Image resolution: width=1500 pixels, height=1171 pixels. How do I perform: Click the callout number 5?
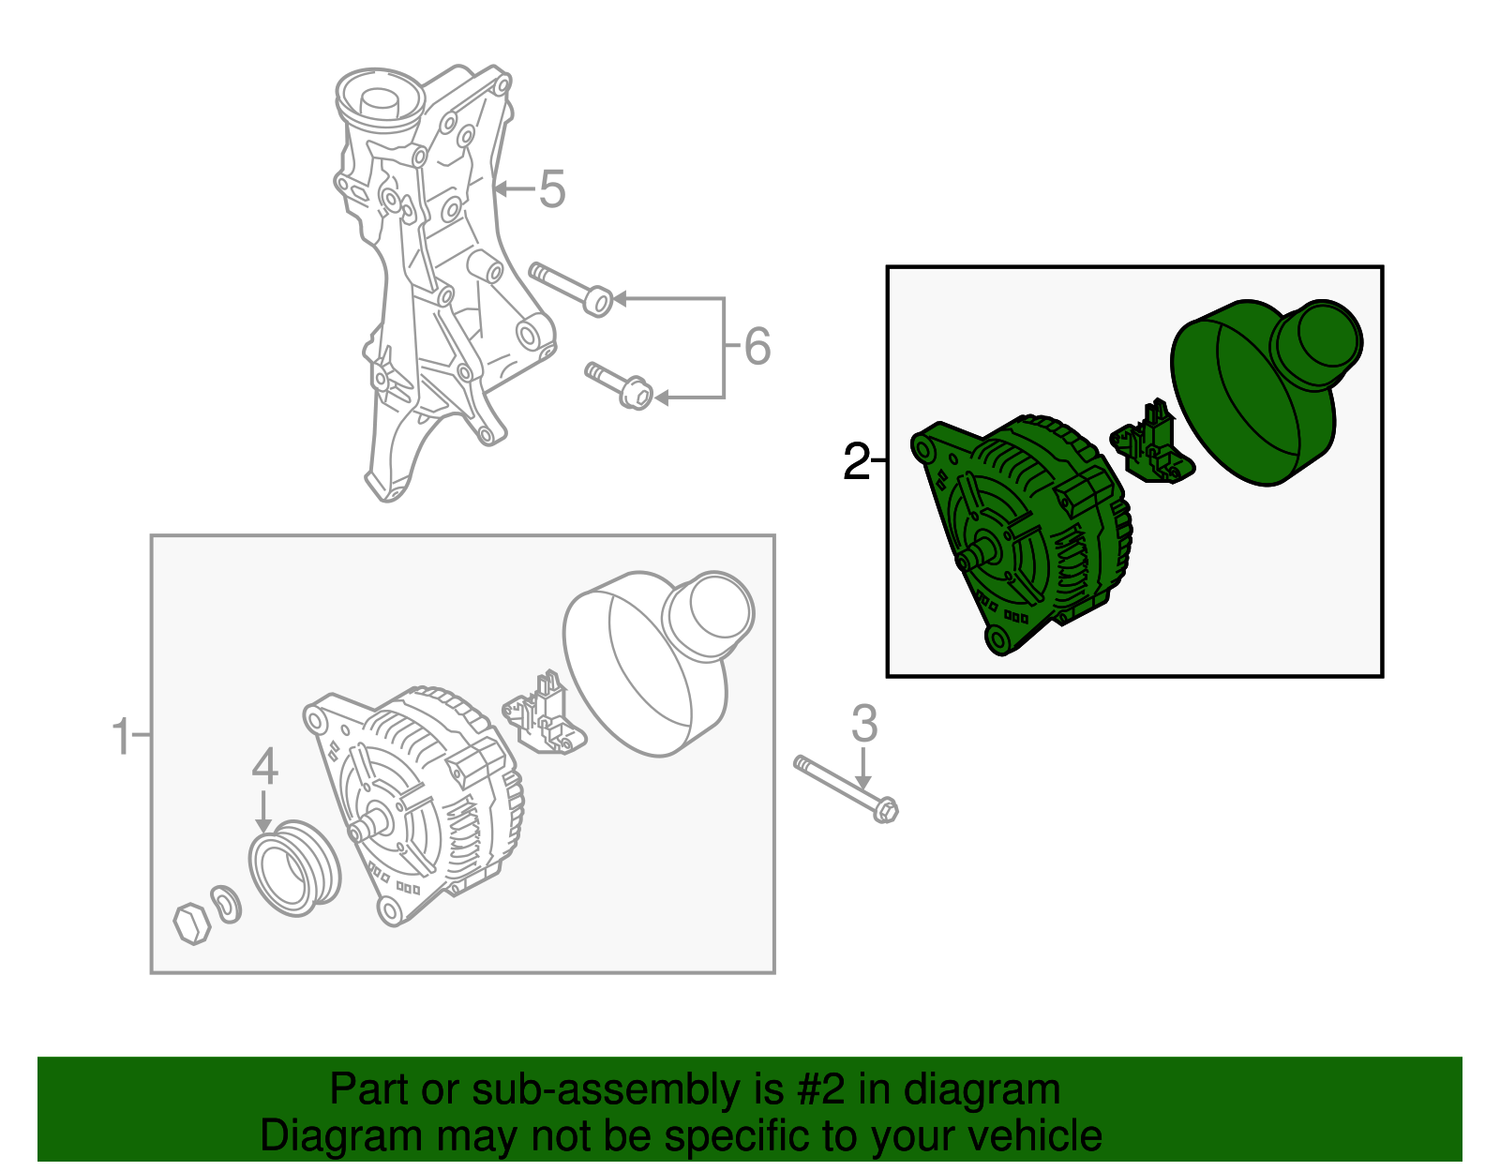click(x=552, y=189)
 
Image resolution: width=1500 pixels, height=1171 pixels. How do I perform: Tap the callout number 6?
click(x=757, y=346)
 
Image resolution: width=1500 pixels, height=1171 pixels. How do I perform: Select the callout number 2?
click(x=857, y=461)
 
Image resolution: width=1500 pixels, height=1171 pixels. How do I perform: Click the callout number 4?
click(x=265, y=766)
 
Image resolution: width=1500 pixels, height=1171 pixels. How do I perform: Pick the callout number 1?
click(x=122, y=736)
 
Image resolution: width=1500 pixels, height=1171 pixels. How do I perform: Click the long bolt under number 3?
click(x=847, y=788)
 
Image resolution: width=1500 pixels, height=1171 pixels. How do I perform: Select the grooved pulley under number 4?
click(x=294, y=868)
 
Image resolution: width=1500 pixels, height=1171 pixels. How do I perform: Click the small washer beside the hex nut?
click(x=227, y=904)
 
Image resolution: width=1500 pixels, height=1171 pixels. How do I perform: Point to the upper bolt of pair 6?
click(x=571, y=289)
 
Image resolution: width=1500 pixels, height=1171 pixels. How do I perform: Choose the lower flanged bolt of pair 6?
click(x=619, y=385)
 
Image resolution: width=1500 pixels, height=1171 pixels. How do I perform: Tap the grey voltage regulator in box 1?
click(x=544, y=713)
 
